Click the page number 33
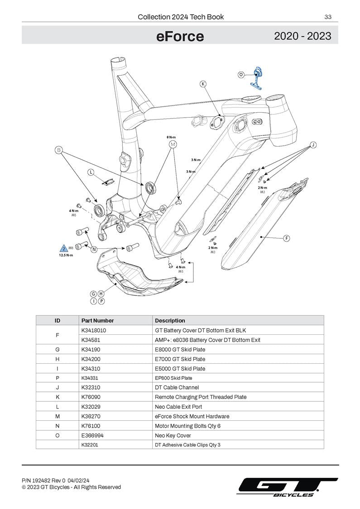pos(328,17)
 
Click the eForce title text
pos(180,36)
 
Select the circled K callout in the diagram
pos(203,84)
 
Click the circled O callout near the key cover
pos(241,74)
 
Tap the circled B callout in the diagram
pos(58,150)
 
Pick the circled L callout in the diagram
pos(91,172)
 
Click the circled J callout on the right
pos(312,145)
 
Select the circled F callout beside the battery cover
pos(286,238)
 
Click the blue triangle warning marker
pos(64,248)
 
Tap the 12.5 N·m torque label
pos(66,255)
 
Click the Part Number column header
pos(97,320)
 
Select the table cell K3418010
pos(94,330)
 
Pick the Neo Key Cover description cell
pos(173,435)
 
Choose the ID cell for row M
pos(58,416)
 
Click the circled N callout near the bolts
pos(94,249)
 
